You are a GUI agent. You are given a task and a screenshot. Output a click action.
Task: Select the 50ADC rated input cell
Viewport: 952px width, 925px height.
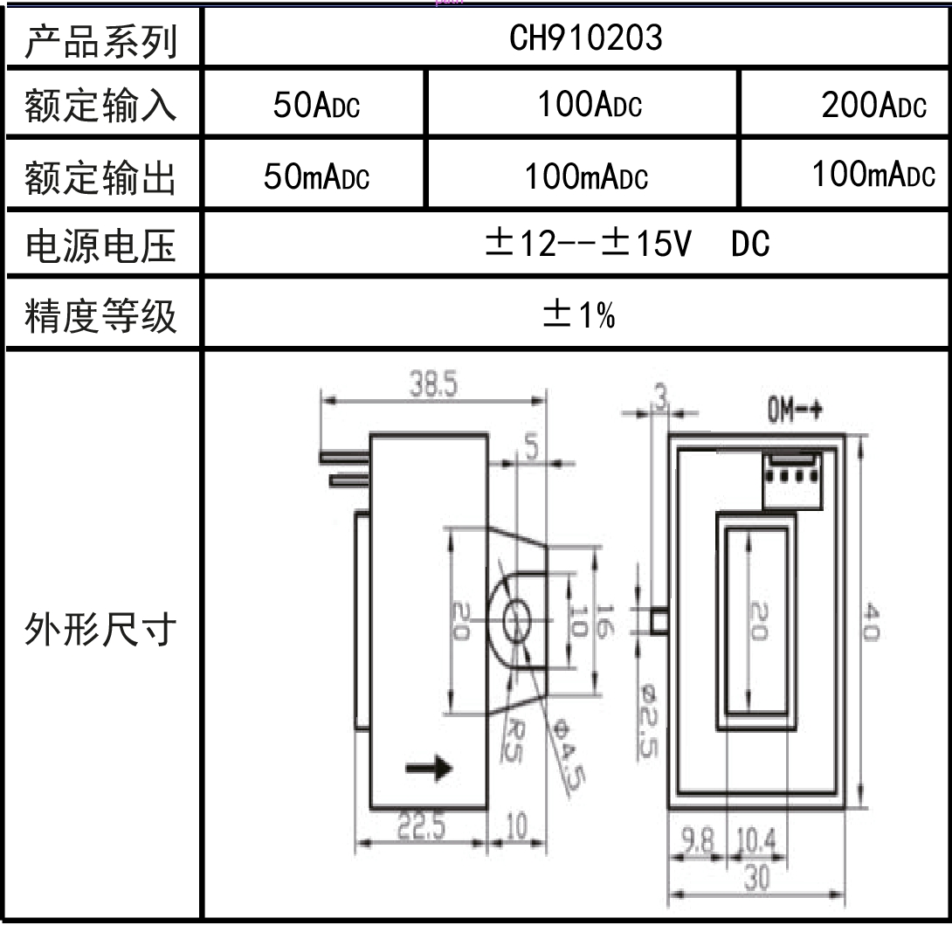pos(315,106)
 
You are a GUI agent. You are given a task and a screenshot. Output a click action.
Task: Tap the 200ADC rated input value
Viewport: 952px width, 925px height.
pos(873,106)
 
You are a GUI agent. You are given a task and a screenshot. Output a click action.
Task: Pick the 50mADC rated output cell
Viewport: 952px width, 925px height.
pos(316,177)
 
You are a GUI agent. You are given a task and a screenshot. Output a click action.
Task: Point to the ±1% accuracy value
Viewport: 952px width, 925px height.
pos(578,316)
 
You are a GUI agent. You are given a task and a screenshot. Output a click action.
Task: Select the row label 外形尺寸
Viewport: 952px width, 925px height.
pos(100,629)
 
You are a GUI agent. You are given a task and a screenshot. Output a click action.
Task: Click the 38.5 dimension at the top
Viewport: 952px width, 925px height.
pos(434,386)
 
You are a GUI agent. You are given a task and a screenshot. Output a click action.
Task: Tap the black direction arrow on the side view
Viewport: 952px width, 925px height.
pos(429,768)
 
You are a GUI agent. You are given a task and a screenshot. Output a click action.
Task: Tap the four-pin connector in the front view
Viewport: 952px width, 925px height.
pos(792,480)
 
